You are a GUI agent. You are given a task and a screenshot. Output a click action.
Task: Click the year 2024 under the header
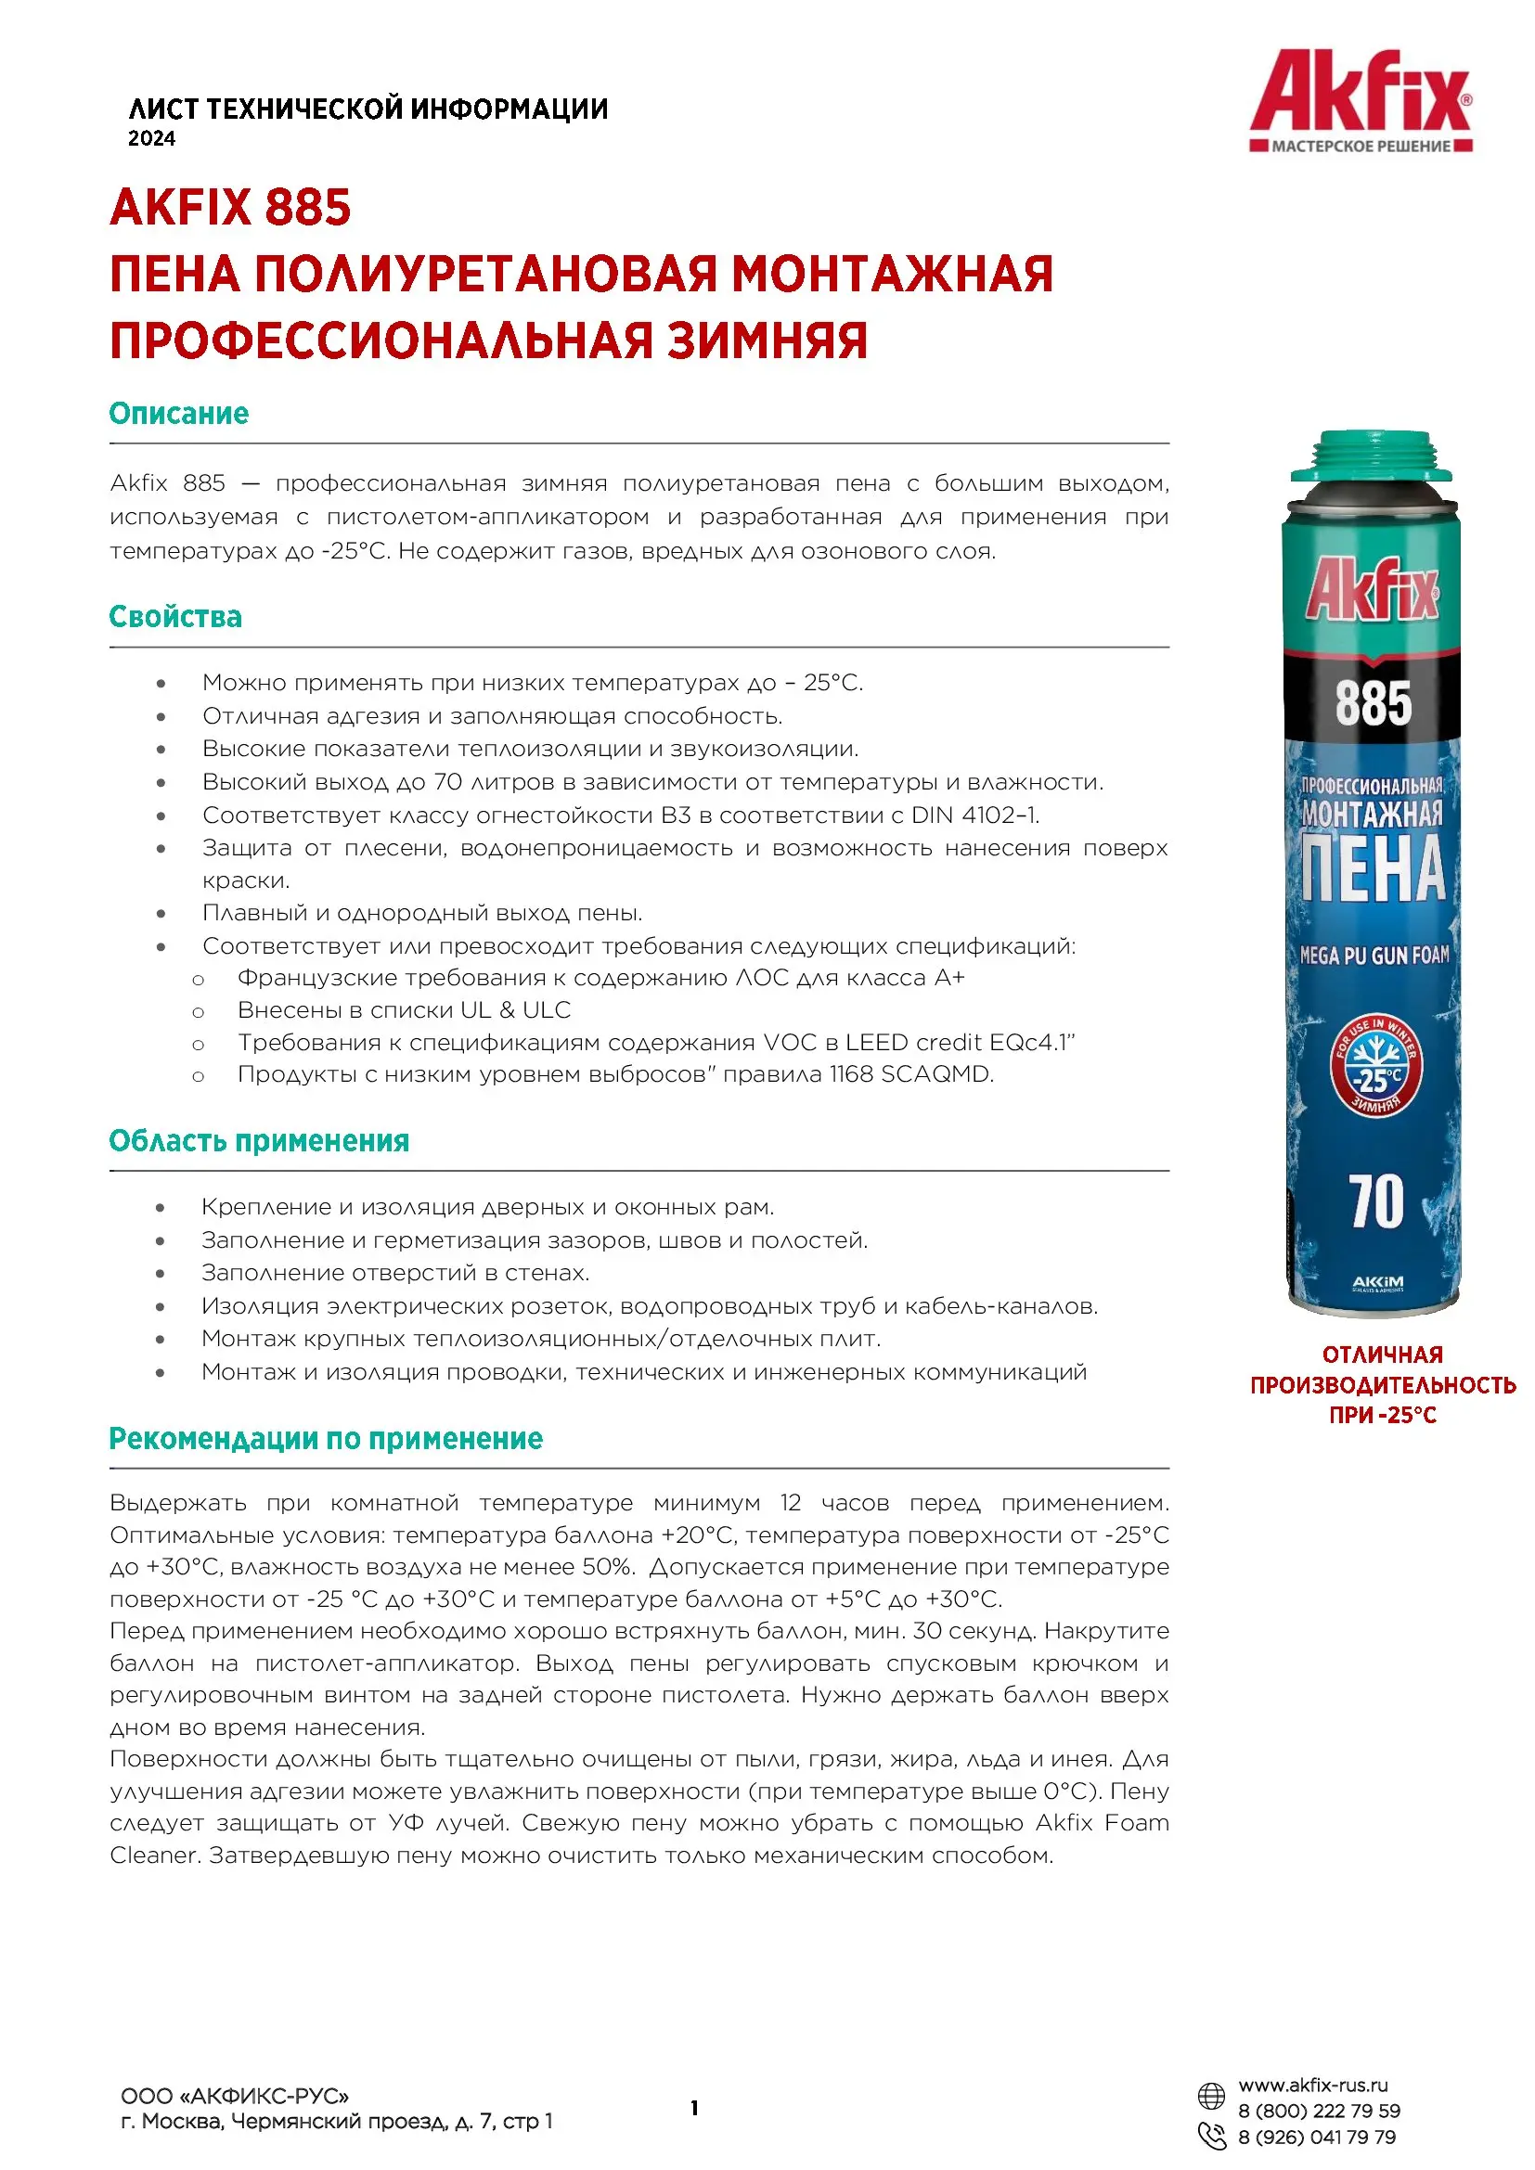coord(152,139)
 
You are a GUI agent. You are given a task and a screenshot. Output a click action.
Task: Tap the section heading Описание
coord(178,413)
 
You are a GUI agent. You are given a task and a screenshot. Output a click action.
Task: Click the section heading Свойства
coord(175,616)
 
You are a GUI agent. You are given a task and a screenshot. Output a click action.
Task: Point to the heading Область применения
coord(259,1141)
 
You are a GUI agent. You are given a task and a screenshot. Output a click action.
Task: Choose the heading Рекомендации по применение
coord(326,1439)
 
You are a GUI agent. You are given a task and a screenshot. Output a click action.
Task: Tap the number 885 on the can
coord(1373,704)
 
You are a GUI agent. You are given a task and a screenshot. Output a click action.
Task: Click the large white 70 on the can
coord(1376,1202)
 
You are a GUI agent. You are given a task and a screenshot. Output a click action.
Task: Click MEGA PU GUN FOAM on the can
coord(1374,956)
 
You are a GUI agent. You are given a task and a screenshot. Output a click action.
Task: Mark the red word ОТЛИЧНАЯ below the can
coord(1382,1355)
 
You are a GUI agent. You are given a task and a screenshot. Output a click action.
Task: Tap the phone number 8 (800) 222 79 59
coord(1319,2111)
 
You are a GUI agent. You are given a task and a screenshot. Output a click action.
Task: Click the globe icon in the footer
coord(1212,2097)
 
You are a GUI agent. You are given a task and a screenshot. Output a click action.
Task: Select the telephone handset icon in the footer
coord(1212,2135)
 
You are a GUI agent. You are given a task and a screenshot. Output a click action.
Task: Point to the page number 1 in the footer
coord(695,2108)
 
